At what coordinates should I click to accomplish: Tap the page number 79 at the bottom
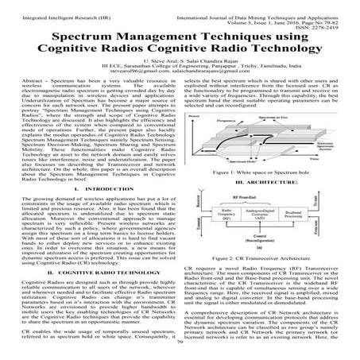coord(180,354)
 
